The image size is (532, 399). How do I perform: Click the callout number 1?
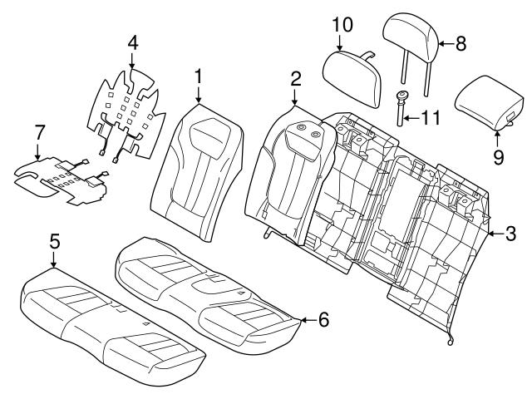198,76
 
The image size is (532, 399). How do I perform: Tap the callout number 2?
295,80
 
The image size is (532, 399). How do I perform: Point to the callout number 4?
132,42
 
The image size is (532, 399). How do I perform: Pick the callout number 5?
54,242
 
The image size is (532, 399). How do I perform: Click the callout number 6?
323,319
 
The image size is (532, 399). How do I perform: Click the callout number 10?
342,25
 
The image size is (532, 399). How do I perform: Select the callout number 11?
430,118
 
